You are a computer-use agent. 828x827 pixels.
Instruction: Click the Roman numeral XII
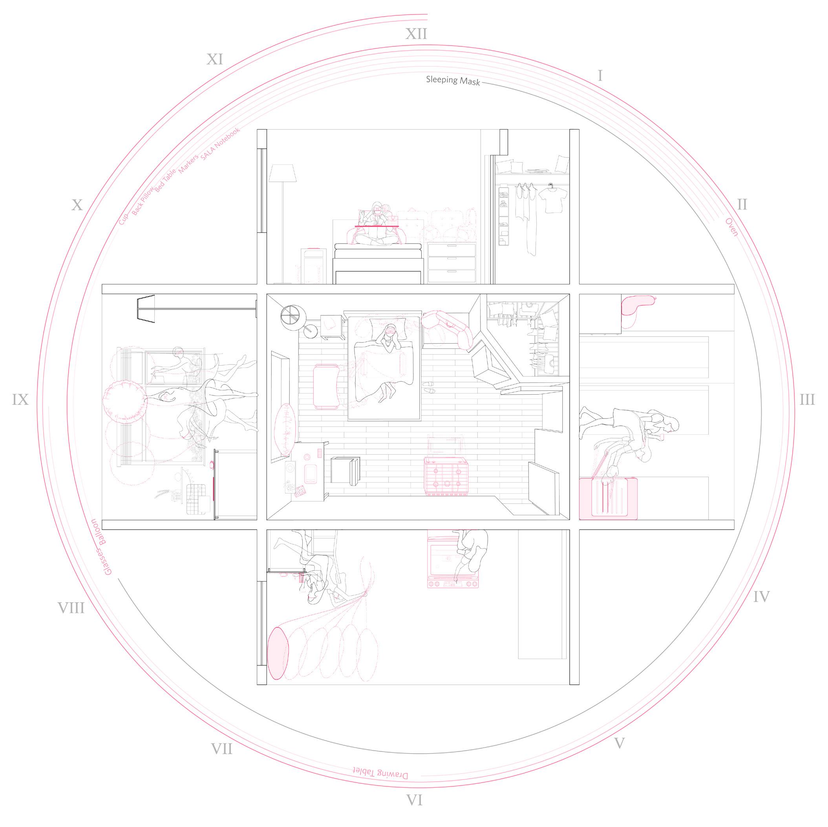(416, 34)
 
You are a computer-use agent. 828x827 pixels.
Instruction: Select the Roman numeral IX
(20, 400)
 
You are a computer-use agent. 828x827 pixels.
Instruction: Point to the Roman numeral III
(807, 400)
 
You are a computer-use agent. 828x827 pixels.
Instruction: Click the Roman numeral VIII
(71, 607)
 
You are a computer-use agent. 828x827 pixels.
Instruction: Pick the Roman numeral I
(600, 76)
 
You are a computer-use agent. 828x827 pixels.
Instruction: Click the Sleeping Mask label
(453, 80)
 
